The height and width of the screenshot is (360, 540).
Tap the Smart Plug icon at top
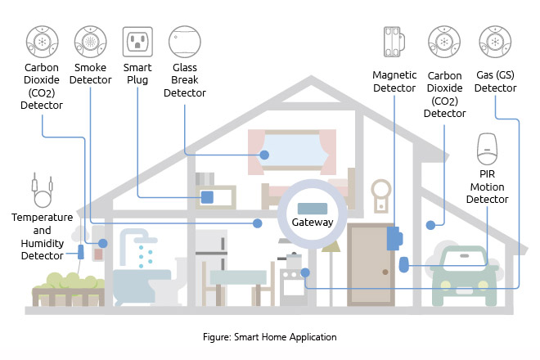(x=137, y=40)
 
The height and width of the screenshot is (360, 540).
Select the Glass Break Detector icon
(x=185, y=40)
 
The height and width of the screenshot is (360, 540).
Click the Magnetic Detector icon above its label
(x=395, y=41)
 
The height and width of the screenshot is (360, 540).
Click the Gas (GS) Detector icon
(x=495, y=40)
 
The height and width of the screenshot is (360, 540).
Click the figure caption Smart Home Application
(x=269, y=336)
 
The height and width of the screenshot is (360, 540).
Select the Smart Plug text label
(x=137, y=74)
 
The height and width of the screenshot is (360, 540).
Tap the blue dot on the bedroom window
(x=264, y=155)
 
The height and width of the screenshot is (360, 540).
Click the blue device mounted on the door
(x=394, y=238)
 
